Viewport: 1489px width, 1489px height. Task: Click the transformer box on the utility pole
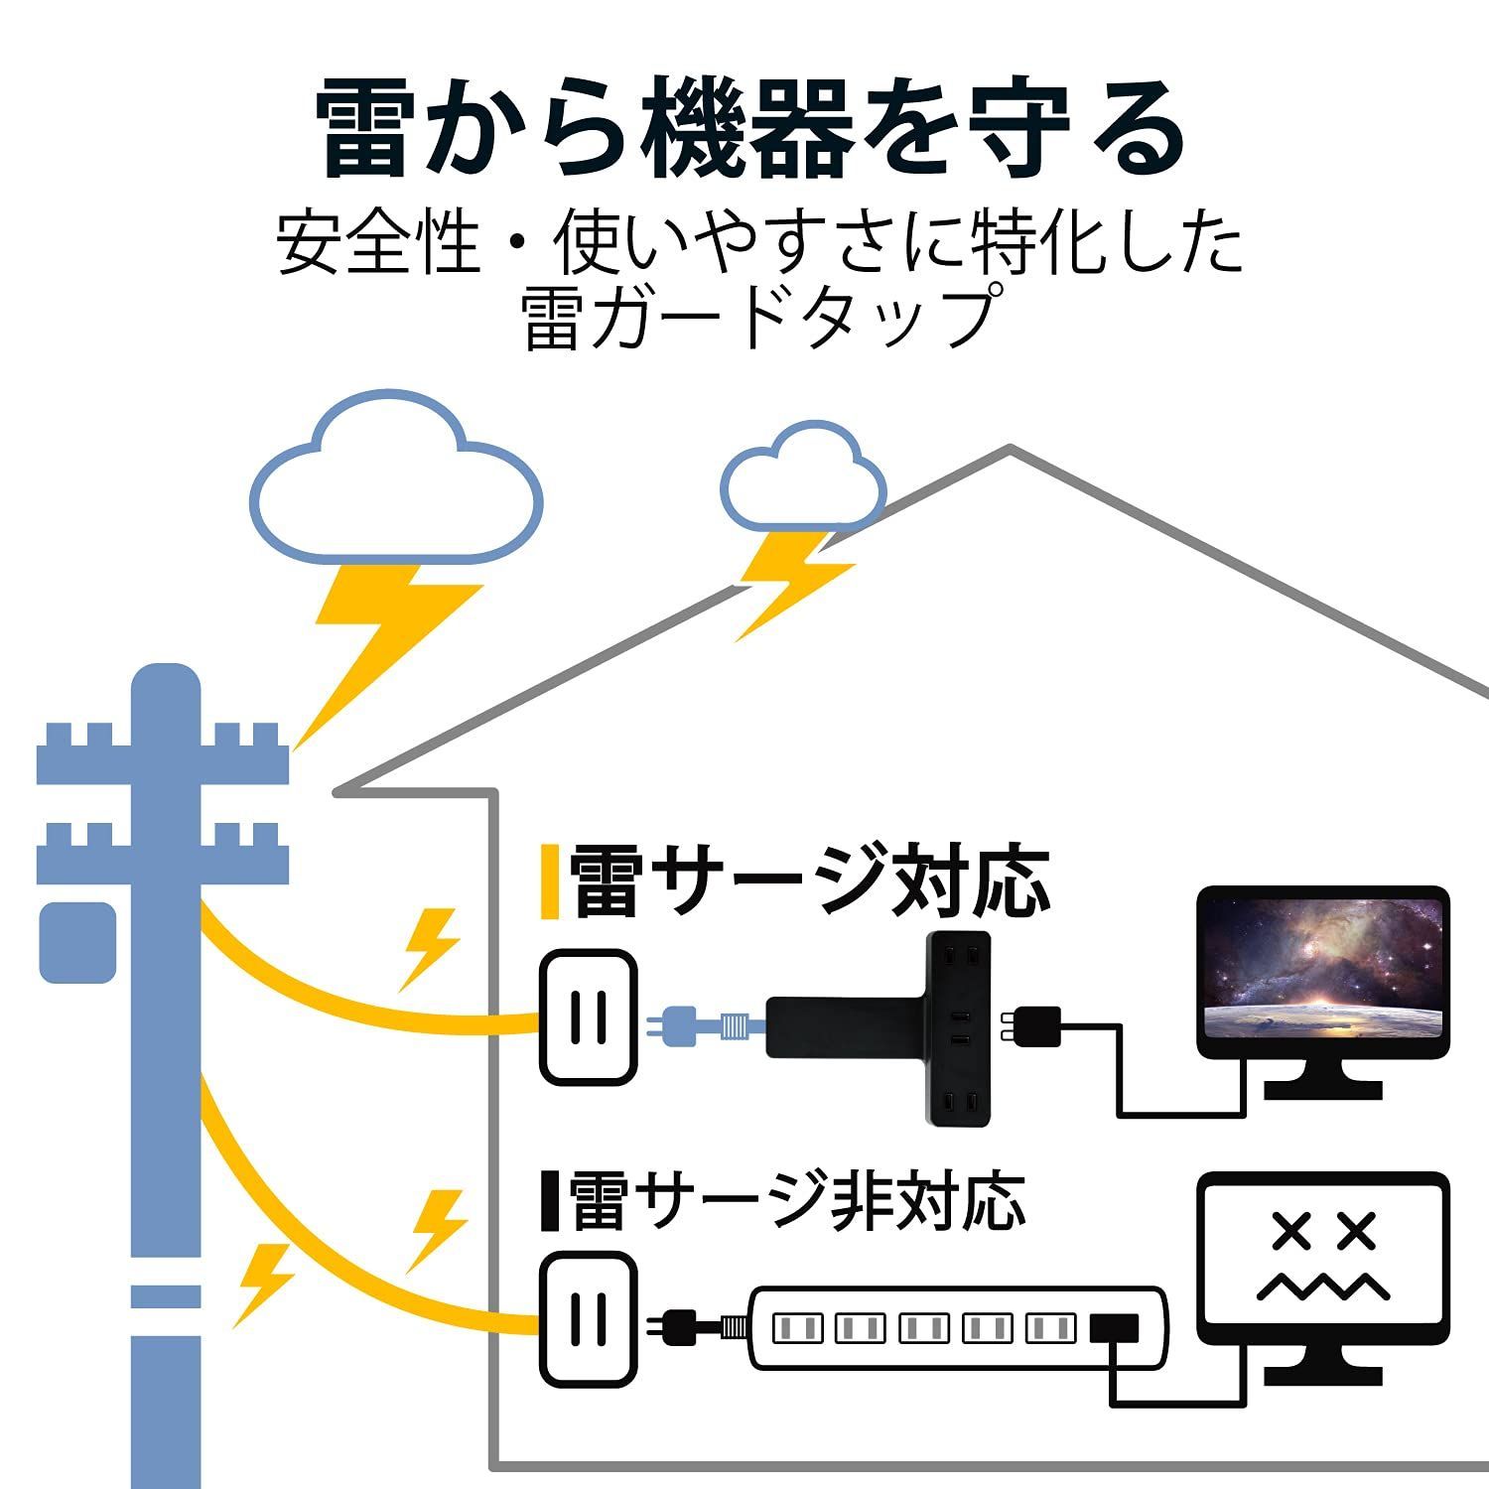(77, 943)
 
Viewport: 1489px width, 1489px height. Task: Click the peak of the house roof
(1010, 452)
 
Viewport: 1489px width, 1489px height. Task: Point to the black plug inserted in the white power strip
(1116, 1328)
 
